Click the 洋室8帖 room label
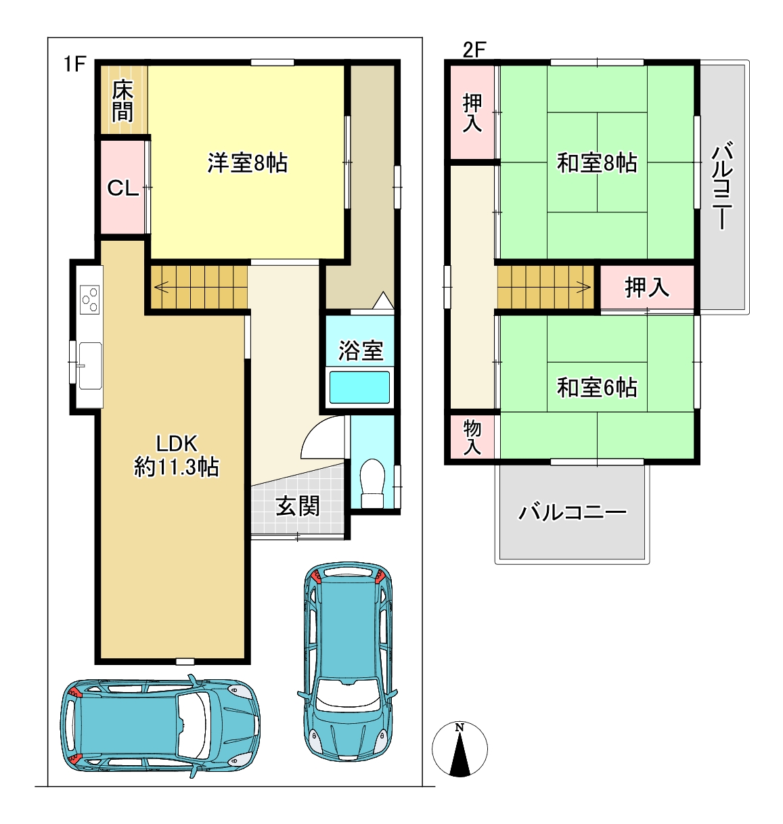pos(248,163)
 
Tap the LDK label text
pos(177,443)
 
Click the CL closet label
pos(123,188)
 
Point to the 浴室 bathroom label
pos(361,350)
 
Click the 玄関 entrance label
pos(297,506)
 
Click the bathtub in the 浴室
pos(359,387)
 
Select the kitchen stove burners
pos(90,299)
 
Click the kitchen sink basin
pos(90,365)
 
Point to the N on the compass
pos(460,727)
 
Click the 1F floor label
pos(74,64)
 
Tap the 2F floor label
pos(474,50)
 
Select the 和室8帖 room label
pos(597,163)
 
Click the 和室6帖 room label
pos(597,387)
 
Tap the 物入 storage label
pos(472,438)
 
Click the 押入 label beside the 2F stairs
pos(647,288)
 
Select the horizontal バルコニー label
pos(573,512)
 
